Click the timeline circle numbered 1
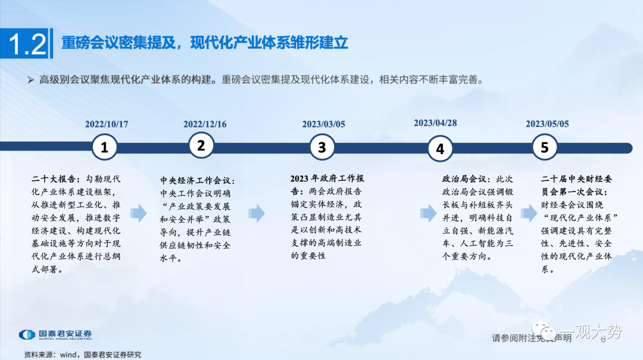[x=105, y=147]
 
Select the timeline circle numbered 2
[x=201, y=145]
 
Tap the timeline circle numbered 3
[x=322, y=147]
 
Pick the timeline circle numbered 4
[x=440, y=148]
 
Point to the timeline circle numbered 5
[x=545, y=147]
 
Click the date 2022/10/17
[x=107, y=124]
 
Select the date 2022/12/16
[x=205, y=124]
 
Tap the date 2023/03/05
[x=323, y=124]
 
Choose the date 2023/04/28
[x=435, y=123]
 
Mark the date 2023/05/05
[x=547, y=124]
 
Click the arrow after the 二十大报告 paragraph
[x=139, y=213]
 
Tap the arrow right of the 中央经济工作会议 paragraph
[x=257, y=213]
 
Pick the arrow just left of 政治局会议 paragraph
[x=429, y=213]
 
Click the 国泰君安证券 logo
[x=55, y=334]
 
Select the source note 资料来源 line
[x=82, y=355]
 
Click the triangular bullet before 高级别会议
[x=31, y=80]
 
